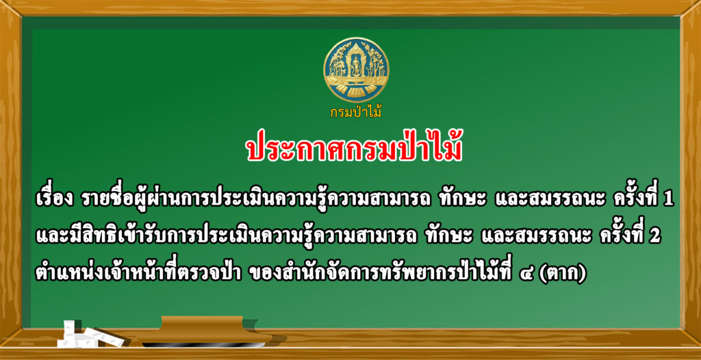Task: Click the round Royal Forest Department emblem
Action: coord(356,70)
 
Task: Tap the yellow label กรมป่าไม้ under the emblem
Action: coord(356,112)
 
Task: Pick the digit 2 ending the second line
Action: coord(655,237)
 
